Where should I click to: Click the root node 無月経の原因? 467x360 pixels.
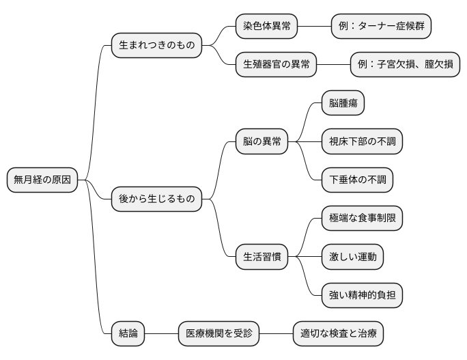point(42,180)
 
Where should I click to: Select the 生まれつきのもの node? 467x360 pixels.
point(156,46)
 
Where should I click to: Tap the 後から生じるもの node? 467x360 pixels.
point(156,199)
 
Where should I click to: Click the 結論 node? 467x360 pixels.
point(128,333)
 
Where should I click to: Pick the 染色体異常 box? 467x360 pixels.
point(267,27)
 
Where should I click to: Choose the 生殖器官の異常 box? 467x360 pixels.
point(277,65)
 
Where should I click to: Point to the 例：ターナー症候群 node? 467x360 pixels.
point(381,27)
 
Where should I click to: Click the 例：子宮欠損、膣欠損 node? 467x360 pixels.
point(404,65)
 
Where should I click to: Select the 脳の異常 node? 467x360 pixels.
point(261,141)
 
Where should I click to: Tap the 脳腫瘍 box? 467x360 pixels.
point(343,103)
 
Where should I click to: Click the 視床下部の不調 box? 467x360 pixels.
point(362,141)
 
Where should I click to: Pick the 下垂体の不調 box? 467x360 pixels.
point(357,180)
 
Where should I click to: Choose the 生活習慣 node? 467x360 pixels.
point(261,257)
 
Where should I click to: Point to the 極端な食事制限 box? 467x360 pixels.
point(362,219)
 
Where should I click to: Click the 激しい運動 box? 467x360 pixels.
point(352,257)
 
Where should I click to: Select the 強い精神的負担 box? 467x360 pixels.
point(362,295)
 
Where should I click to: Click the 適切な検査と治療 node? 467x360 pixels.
point(338,333)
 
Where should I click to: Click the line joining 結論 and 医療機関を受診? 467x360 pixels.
point(161,333)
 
